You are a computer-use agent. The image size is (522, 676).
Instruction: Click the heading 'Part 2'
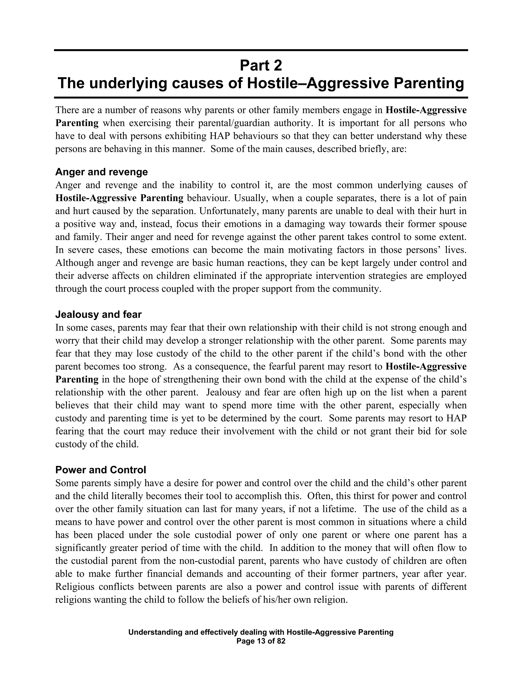coord(261,66)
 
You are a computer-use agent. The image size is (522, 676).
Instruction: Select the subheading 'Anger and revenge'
coord(101,172)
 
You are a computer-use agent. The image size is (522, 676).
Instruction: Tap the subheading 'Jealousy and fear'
coord(98,315)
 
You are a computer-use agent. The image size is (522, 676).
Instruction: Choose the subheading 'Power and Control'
coord(100,470)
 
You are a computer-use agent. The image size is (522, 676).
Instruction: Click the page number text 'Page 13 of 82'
coord(261,641)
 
